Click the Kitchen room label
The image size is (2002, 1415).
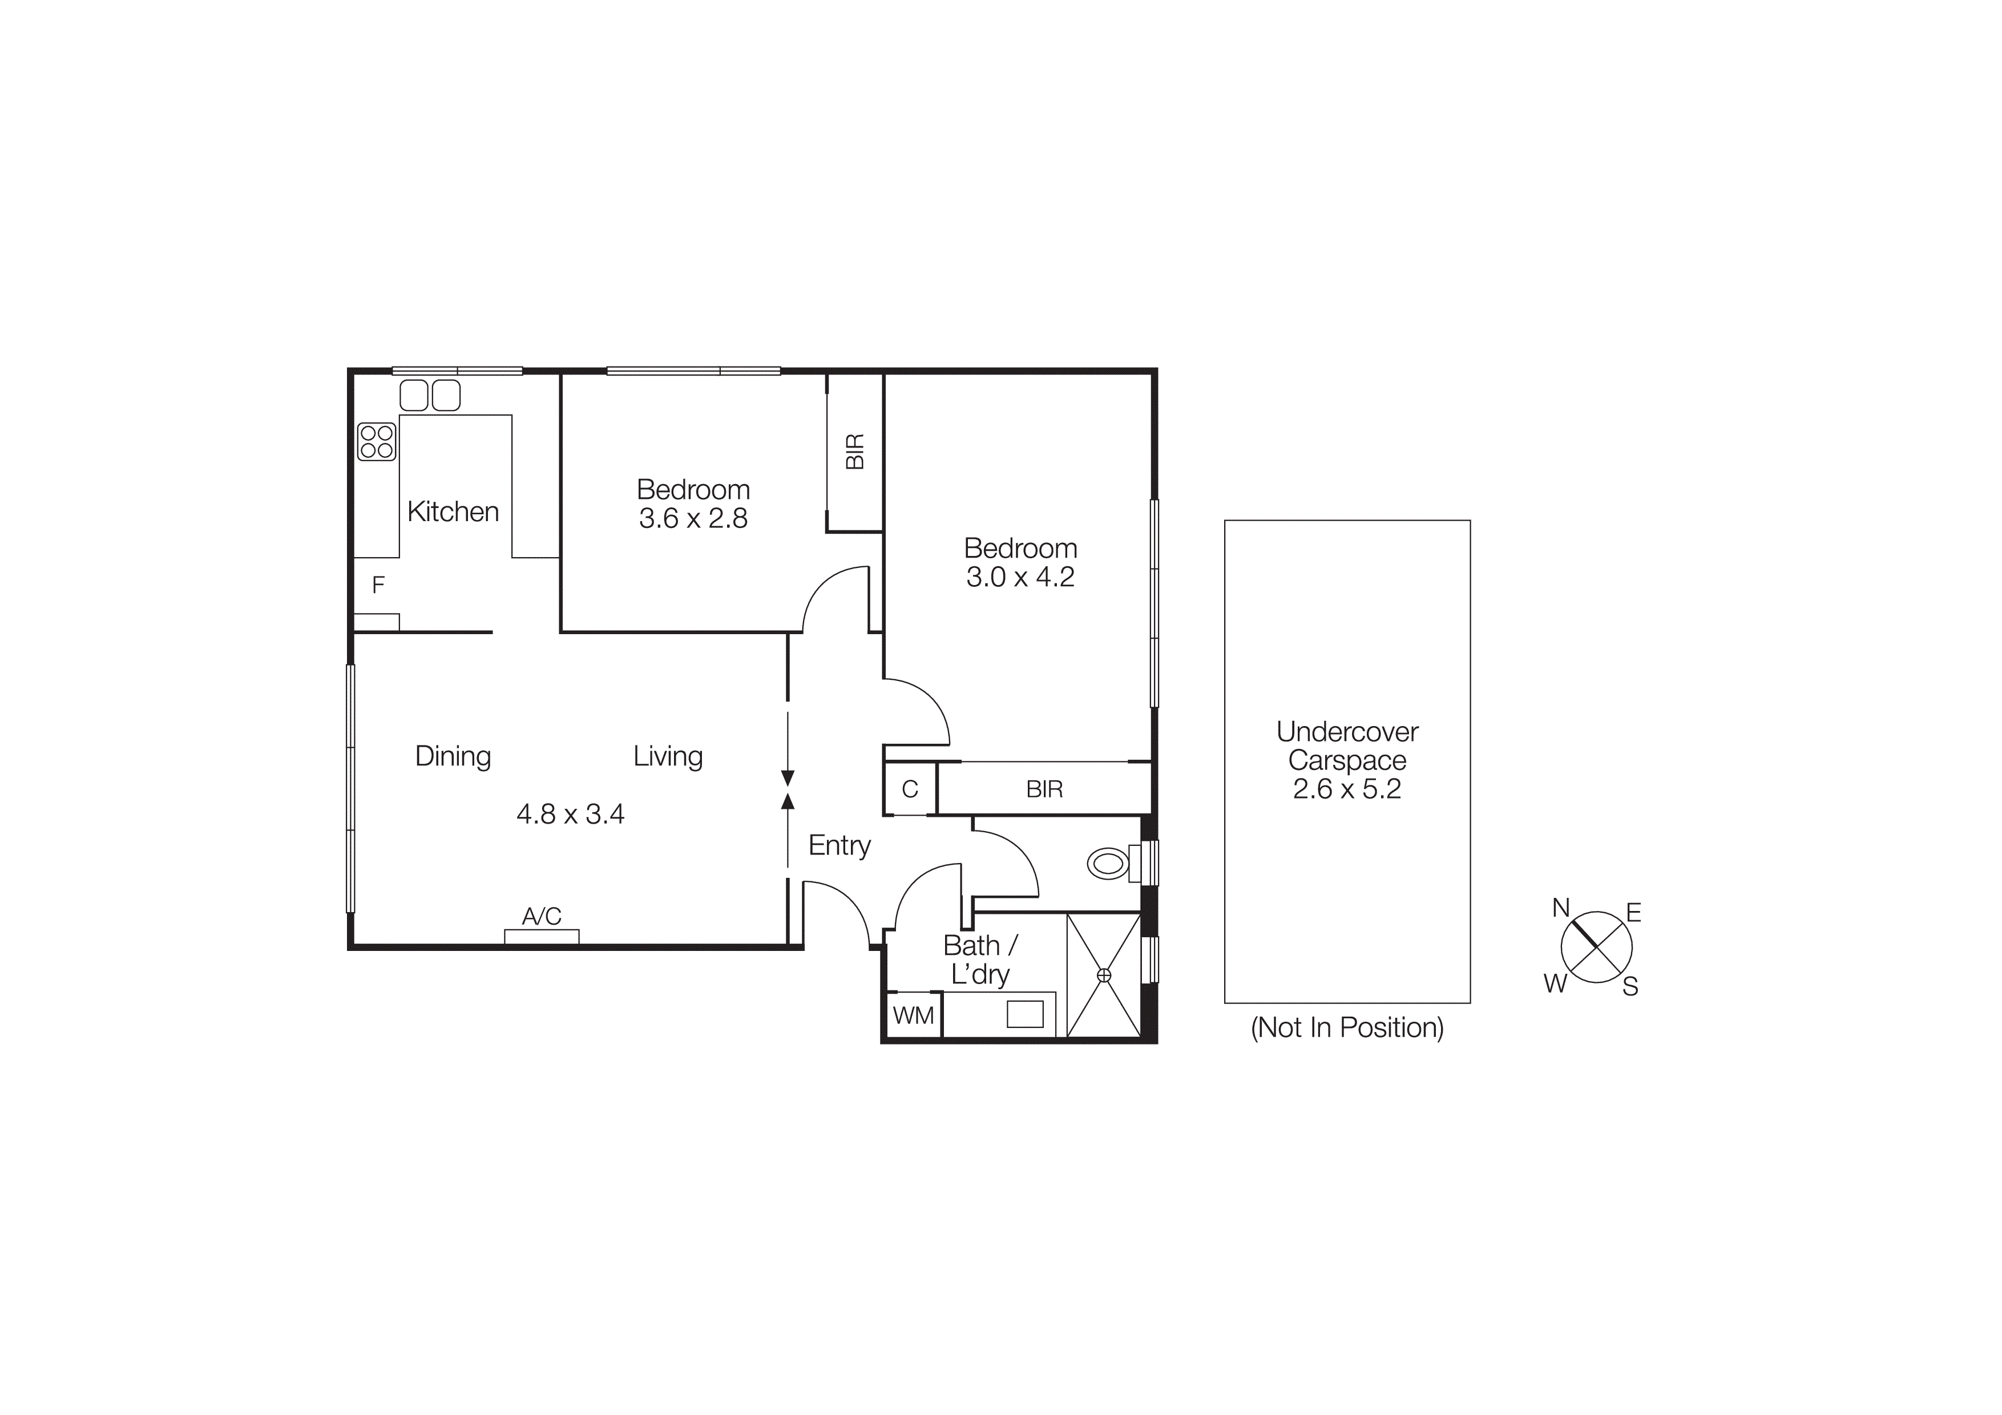pos(453,512)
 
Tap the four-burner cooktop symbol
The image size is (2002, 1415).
pos(377,441)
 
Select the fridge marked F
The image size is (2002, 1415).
pos(378,585)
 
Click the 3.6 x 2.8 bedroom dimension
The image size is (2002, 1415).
pos(693,519)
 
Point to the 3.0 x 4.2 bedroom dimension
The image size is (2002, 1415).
pos(1020,577)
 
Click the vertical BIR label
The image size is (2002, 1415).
pos(855,451)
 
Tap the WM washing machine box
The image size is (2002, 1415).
pos(913,1015)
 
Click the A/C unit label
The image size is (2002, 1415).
pos(542,916)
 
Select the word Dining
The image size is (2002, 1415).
pos(453,756)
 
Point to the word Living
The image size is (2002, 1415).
pos(668,756)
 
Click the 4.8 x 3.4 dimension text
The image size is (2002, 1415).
pos(570,815)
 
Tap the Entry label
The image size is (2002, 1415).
pos(839,846)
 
